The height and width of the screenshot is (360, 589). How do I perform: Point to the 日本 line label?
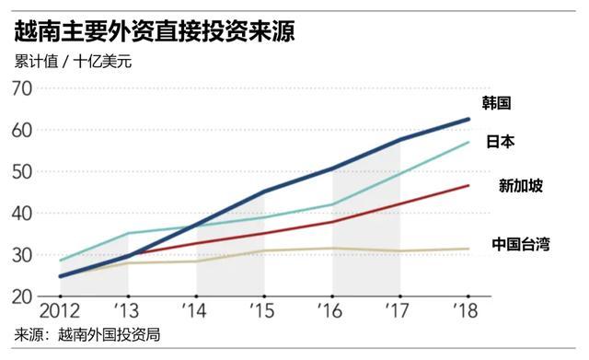pyautogui.click(x=500, y=142)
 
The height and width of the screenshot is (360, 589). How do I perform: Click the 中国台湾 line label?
pyautogui.click(x=520, y=244)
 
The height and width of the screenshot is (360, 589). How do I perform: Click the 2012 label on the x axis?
pyautogui.click(x=57, y=310)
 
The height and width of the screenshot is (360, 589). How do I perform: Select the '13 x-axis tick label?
pyautogui.click(x=127, y=310)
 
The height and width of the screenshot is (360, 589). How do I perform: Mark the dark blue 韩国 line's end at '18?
pyautogui.click(x=468, y=120)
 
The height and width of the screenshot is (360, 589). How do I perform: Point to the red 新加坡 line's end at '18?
pyautogui.click(x=468, y=186)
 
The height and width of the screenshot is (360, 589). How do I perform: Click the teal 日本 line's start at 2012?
pyautogui.click(x=60, y=261)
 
